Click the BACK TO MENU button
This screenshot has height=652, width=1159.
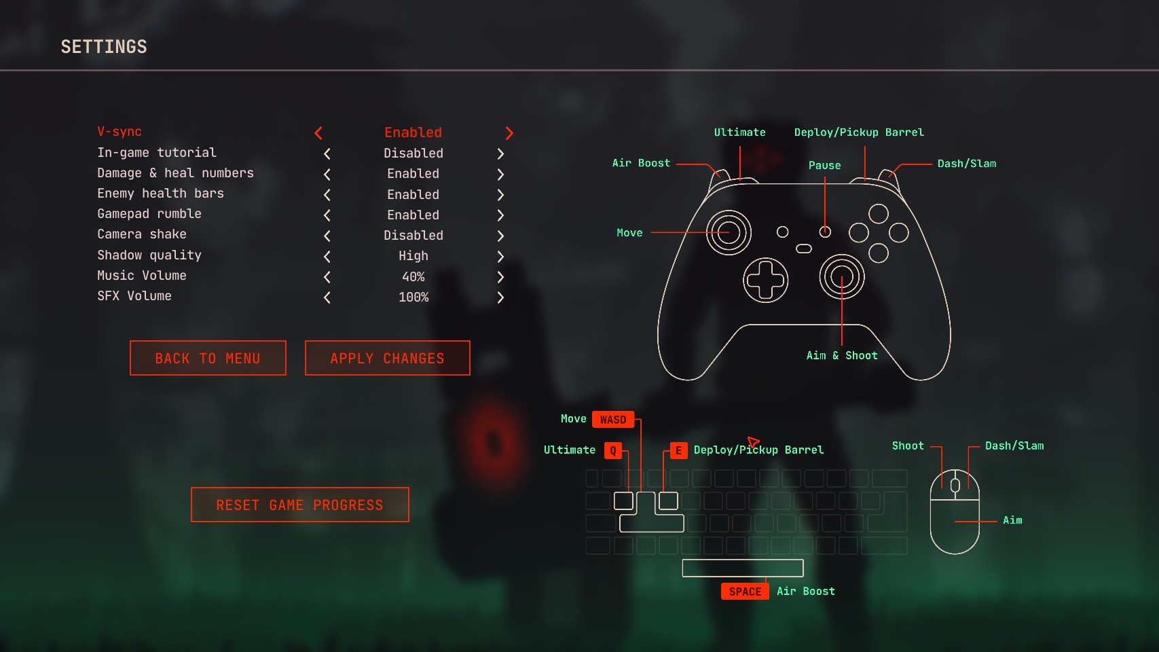pos(208,358)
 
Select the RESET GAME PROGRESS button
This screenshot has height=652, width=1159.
pos(299,505)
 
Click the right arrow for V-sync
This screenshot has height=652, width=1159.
pos(509,133)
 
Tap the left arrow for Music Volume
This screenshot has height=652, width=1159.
pos(327,277)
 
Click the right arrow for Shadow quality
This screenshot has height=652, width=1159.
pos(500,257)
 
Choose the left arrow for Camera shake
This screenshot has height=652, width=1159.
pos(327,236)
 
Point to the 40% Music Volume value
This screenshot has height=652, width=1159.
pos(413,277)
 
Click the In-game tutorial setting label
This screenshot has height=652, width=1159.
pos(157,153)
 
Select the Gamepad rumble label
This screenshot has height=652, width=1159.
pos(149,214)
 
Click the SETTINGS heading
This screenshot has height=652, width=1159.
pos(104,47)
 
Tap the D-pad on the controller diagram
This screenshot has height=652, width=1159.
pos(765,280)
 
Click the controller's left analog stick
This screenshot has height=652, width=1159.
pos(729,232)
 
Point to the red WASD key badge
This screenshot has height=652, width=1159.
pos(613,420)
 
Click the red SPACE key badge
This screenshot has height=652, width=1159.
pos(745,592)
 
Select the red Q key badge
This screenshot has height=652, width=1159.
pos(613,450)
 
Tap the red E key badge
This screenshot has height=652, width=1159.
pos(678,450)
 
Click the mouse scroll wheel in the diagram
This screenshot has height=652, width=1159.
pos(955,485)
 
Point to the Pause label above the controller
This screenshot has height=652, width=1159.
pos(824,166)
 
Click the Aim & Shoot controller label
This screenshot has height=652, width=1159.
pos(842,356)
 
